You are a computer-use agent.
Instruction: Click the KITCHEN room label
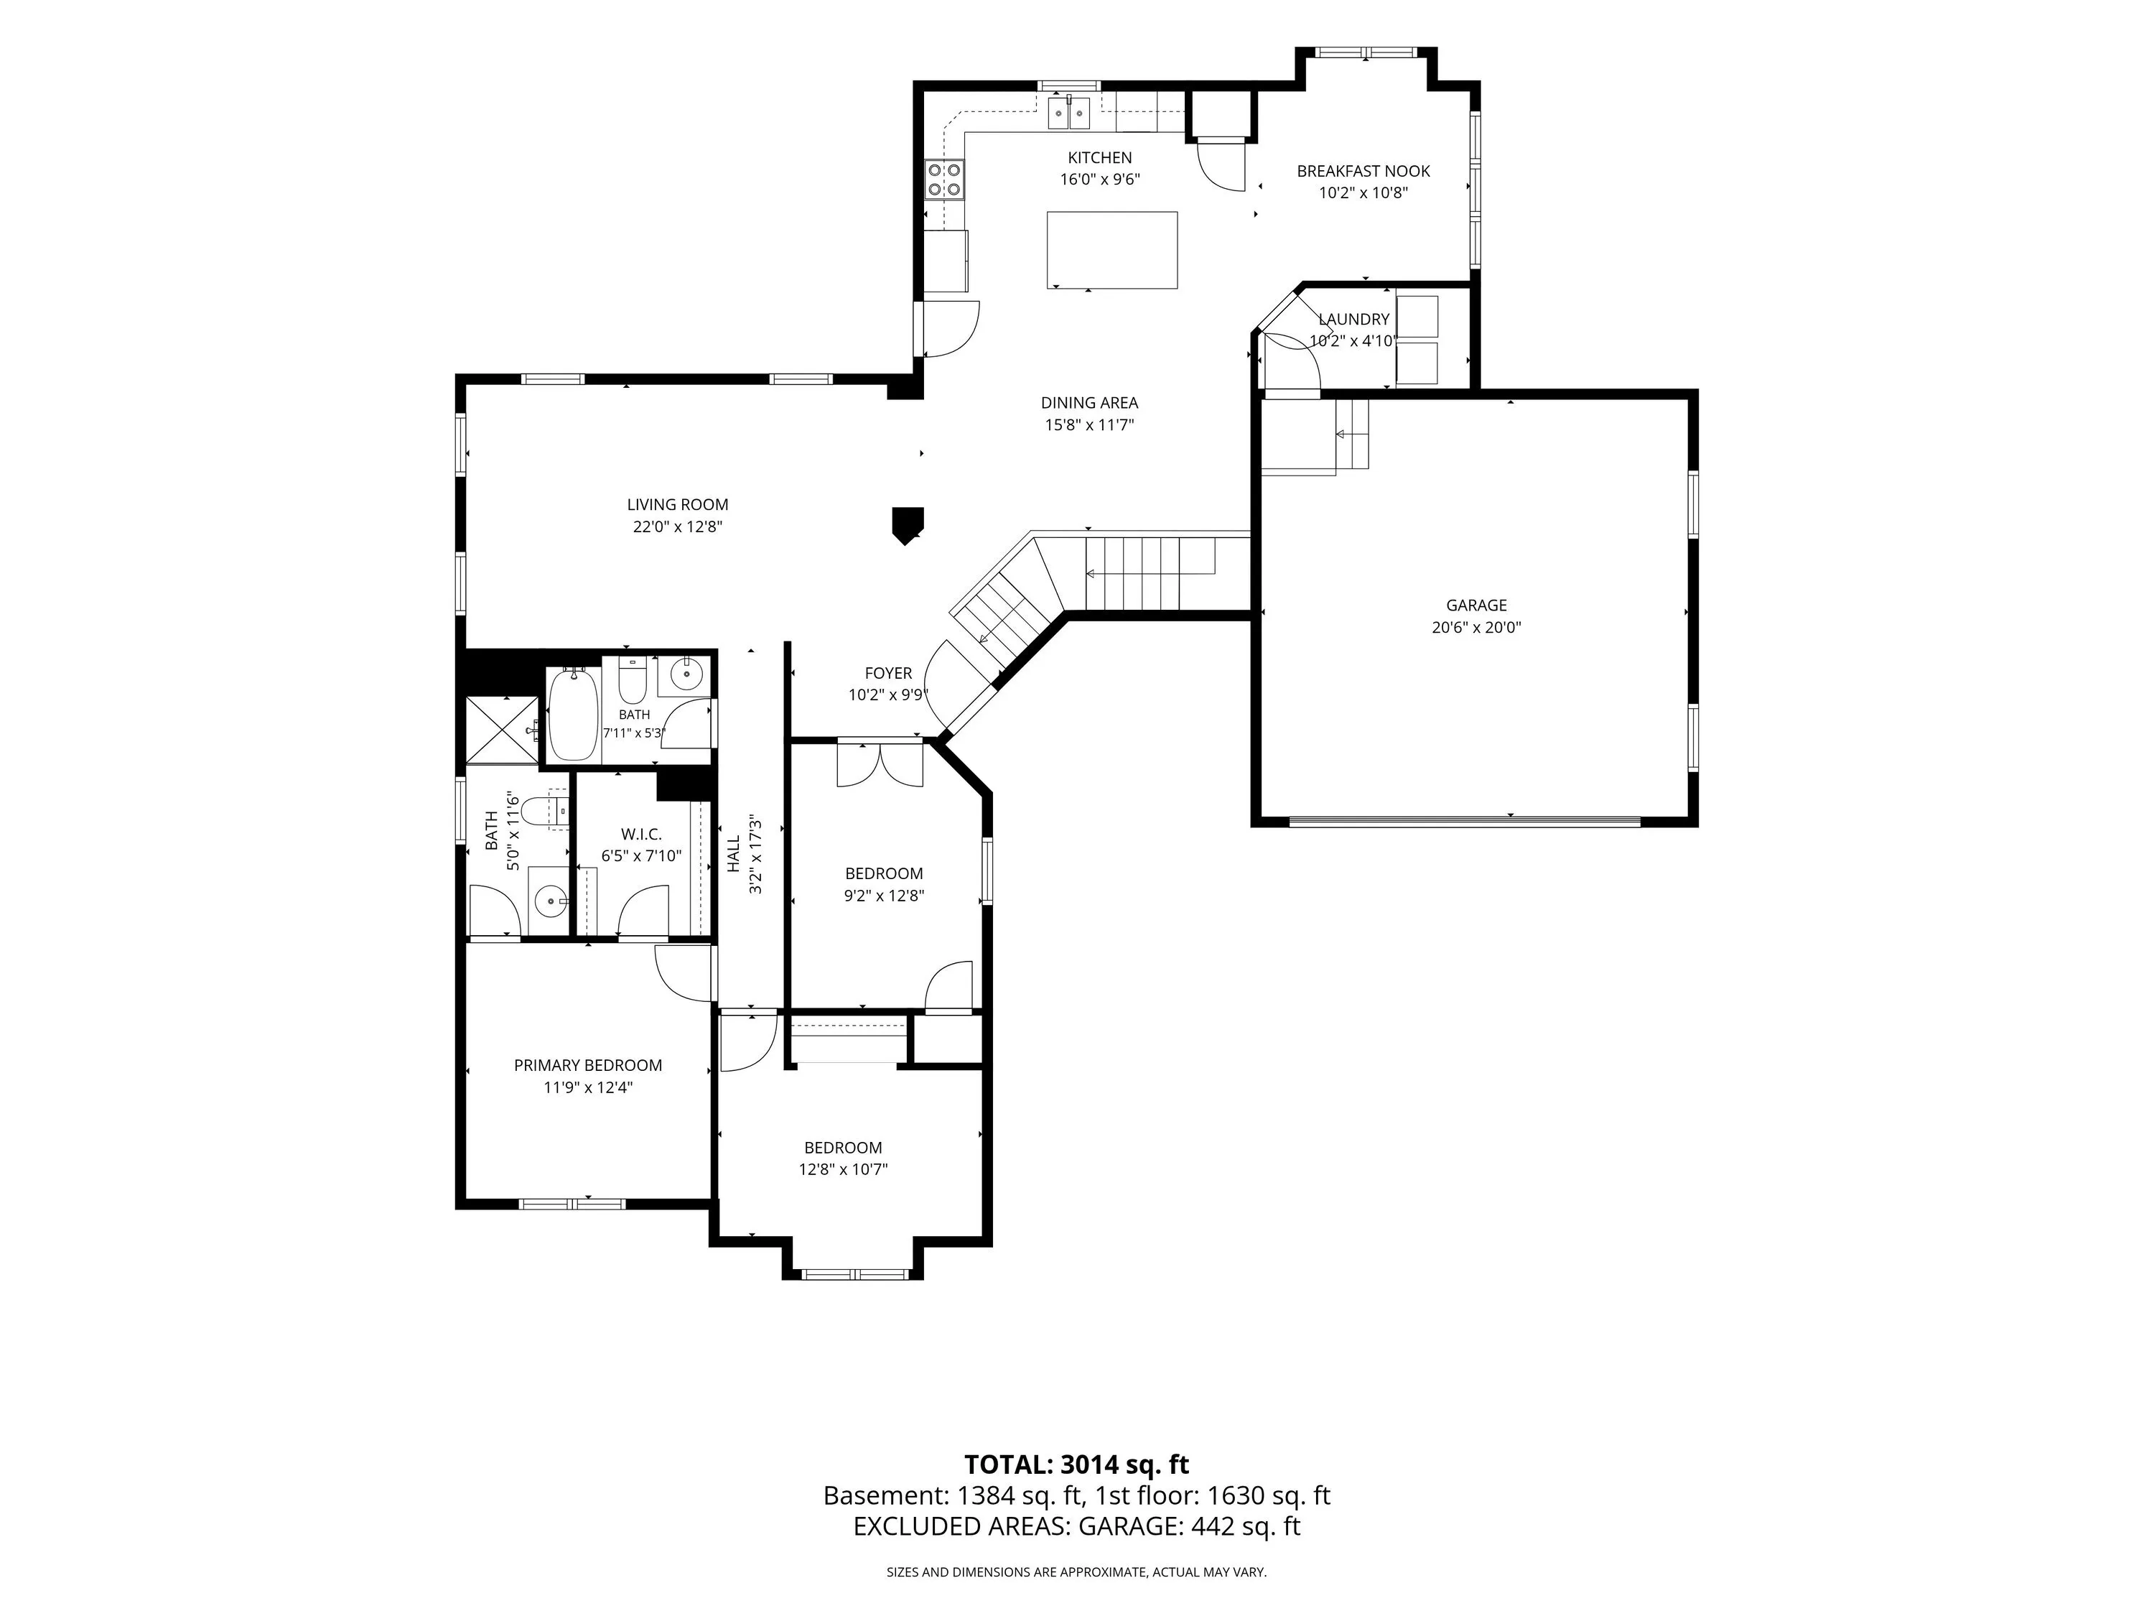1099,158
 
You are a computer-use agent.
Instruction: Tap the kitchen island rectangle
1112,251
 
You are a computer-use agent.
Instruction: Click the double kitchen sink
1068,113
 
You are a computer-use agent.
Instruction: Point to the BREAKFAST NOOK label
1363,172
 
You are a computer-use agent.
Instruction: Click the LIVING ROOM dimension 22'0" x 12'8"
678,528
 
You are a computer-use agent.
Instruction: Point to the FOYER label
888,673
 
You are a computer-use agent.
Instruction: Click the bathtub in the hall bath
574,714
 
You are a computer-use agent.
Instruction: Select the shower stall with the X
501,730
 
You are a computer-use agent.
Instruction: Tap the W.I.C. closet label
642,835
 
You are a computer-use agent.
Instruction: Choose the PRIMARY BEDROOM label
588,1066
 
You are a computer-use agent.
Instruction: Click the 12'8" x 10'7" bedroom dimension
844,1170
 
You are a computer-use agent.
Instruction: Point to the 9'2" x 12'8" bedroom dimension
884,896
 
